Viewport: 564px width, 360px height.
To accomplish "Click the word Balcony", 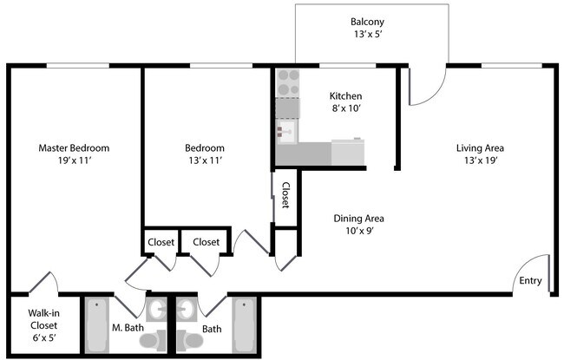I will click(x=367, y=22).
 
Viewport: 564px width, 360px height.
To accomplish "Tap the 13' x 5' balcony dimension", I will click(x=367, y=36).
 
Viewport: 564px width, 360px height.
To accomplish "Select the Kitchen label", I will click(x=345, y=95).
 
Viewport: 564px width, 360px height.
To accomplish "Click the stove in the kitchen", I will click(x=288, y=82).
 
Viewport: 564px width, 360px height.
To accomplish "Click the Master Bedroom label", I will click(x=74, y=147).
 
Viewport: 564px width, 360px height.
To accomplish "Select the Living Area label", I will click(x=480, y=147).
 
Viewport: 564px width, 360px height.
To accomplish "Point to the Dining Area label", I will click(x=358, y=219).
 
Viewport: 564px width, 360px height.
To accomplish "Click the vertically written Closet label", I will click(x=285, y=195).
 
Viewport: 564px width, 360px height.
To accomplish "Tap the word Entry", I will click(x=530, y=280).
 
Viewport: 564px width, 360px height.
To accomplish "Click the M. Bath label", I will click(x=128, y=329).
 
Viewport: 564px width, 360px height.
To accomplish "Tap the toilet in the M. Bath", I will click(x=154, y=339).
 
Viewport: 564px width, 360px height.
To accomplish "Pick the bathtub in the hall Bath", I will click(x=245, y=324).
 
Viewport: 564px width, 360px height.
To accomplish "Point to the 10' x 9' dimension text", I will click(x=358, y=232).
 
